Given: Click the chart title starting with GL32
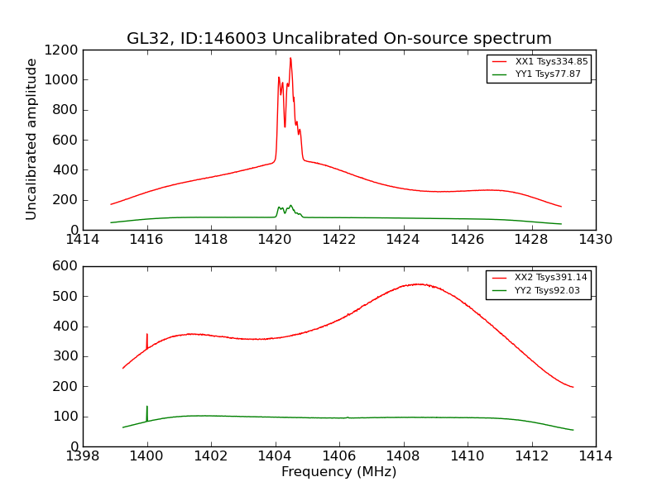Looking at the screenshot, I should (338, 39).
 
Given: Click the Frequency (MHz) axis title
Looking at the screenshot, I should (338, 472).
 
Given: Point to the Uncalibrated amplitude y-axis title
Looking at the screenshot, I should (31, 139).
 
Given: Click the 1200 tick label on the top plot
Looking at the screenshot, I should (63, 50).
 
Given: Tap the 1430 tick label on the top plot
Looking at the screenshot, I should (595, 240).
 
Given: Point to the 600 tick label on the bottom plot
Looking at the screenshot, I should (67, 266).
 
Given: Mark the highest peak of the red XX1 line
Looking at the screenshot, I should (290, 58).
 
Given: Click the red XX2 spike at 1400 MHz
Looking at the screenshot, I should (147, 335).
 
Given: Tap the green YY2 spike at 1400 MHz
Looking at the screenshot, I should (147, 408).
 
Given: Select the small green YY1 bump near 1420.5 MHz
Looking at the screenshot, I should (290, 206).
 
